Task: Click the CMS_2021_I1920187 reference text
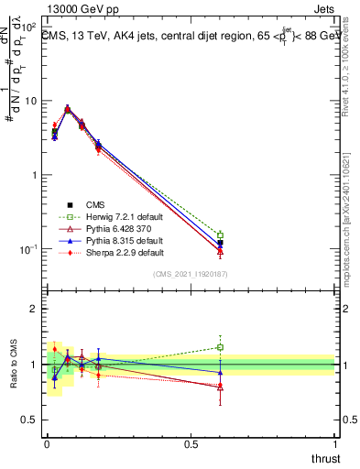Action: tap(190, 275)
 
